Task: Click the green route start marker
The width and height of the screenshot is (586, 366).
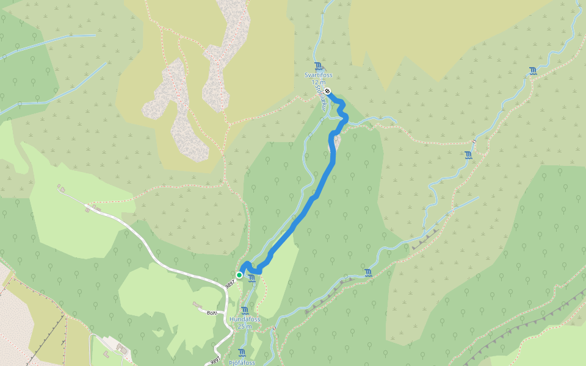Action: (x=239, y=275)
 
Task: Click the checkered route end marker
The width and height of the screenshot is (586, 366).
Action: (x=328, y=91)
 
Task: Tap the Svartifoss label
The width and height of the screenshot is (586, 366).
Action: (x=318, y=75)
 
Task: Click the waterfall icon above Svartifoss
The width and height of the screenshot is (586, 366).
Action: (x=317, y=66)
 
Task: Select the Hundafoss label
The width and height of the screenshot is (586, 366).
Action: (x=245, y=319)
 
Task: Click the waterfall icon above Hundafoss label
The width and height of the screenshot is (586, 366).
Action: (x=245, y=310)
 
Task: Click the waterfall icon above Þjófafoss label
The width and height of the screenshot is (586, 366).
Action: (x=242, y=353)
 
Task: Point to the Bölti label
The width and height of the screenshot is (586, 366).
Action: (x=212, y=313)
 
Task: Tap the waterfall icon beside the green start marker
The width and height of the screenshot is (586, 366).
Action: (x=251, y=278)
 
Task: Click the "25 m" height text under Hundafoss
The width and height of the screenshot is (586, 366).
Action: (x=245, y=326)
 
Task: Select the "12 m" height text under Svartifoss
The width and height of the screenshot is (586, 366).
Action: (x=318, y=82)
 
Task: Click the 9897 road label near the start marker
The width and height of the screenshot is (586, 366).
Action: (x=230, y=284)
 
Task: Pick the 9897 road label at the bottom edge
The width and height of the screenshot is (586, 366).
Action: (x=215, y=361)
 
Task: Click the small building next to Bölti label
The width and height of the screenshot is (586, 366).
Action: (x=197, y=304)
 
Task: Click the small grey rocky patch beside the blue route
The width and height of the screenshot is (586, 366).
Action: (x=338, y=142)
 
